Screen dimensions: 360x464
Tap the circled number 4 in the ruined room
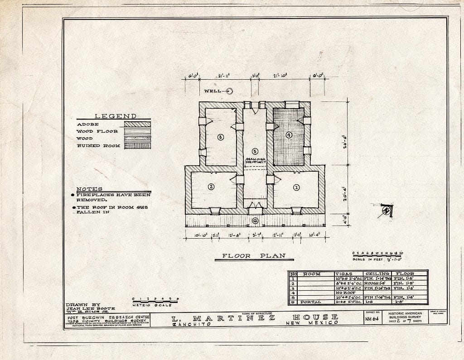[x=289, y=134]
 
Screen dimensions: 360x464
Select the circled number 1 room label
[x=297, y=187]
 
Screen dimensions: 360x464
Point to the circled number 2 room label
[x=211, y=186]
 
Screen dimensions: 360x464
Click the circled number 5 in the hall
[x=255, y=151]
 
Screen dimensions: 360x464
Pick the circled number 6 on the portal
[x=255, y=221]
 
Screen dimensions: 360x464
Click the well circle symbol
[x=229, y=91]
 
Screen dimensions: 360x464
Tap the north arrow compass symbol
[x=387, y=210]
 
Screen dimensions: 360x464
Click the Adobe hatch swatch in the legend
[x=138, y=124]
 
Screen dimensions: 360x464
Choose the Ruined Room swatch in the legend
[x=138, y=146]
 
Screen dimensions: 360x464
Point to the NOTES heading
[x=89, y=189]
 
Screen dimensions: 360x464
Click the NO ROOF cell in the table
[x=346, y=293]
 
